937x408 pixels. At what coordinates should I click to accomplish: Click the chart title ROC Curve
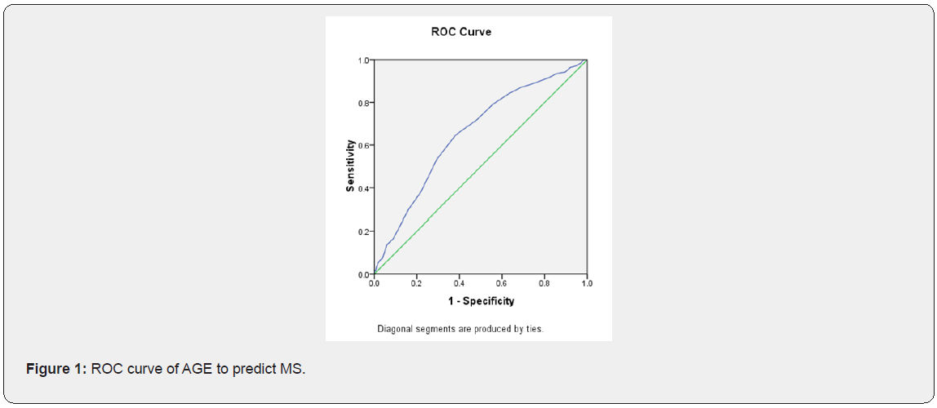pos(461,32)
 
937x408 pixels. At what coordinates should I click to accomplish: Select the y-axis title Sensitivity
pos(350,166)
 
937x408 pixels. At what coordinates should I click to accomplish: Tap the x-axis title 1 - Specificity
pos(480,301)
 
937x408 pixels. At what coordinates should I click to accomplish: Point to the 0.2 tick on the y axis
pos(365,232)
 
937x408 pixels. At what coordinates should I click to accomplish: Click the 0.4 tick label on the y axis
pos(365,188)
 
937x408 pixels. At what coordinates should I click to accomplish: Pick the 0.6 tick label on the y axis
pos(365,145)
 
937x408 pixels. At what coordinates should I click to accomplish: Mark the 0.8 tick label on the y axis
pos(365,103)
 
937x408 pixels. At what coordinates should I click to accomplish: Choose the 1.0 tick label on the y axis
pos(365,60)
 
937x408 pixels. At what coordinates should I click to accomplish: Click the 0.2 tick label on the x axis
pos(416,285)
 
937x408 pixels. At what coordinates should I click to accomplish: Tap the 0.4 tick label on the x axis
pos(459,285)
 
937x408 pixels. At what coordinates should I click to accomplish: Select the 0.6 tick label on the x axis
pos(501,285)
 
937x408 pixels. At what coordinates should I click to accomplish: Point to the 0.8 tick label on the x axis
pos(544,285)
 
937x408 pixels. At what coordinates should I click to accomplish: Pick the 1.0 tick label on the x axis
pos(586,285)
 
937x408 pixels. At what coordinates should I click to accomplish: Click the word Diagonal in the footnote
pos(393,330)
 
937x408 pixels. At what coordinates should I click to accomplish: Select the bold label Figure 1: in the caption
pos(56,369)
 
